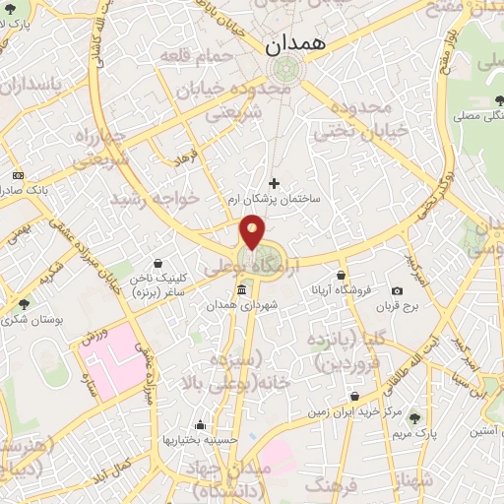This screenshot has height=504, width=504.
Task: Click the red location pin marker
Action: coord(252,232)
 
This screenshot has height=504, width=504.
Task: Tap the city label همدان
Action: coord(287,44)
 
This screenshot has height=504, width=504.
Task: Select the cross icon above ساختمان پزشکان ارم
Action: coord(274,182)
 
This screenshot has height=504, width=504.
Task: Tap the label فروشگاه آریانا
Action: coord(340,290)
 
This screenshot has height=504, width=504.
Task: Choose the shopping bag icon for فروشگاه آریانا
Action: coord(340,275)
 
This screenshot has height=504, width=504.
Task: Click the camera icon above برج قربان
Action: coord(397,291)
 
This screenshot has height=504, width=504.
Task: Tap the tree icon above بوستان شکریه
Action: coord(24,303)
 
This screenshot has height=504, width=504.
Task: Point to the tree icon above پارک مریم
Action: coord(413,417)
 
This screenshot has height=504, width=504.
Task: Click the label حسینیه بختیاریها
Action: coord(201,440)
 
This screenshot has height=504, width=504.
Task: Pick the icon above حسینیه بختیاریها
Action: coord(201,425)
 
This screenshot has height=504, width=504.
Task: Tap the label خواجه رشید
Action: coord(168,199)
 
